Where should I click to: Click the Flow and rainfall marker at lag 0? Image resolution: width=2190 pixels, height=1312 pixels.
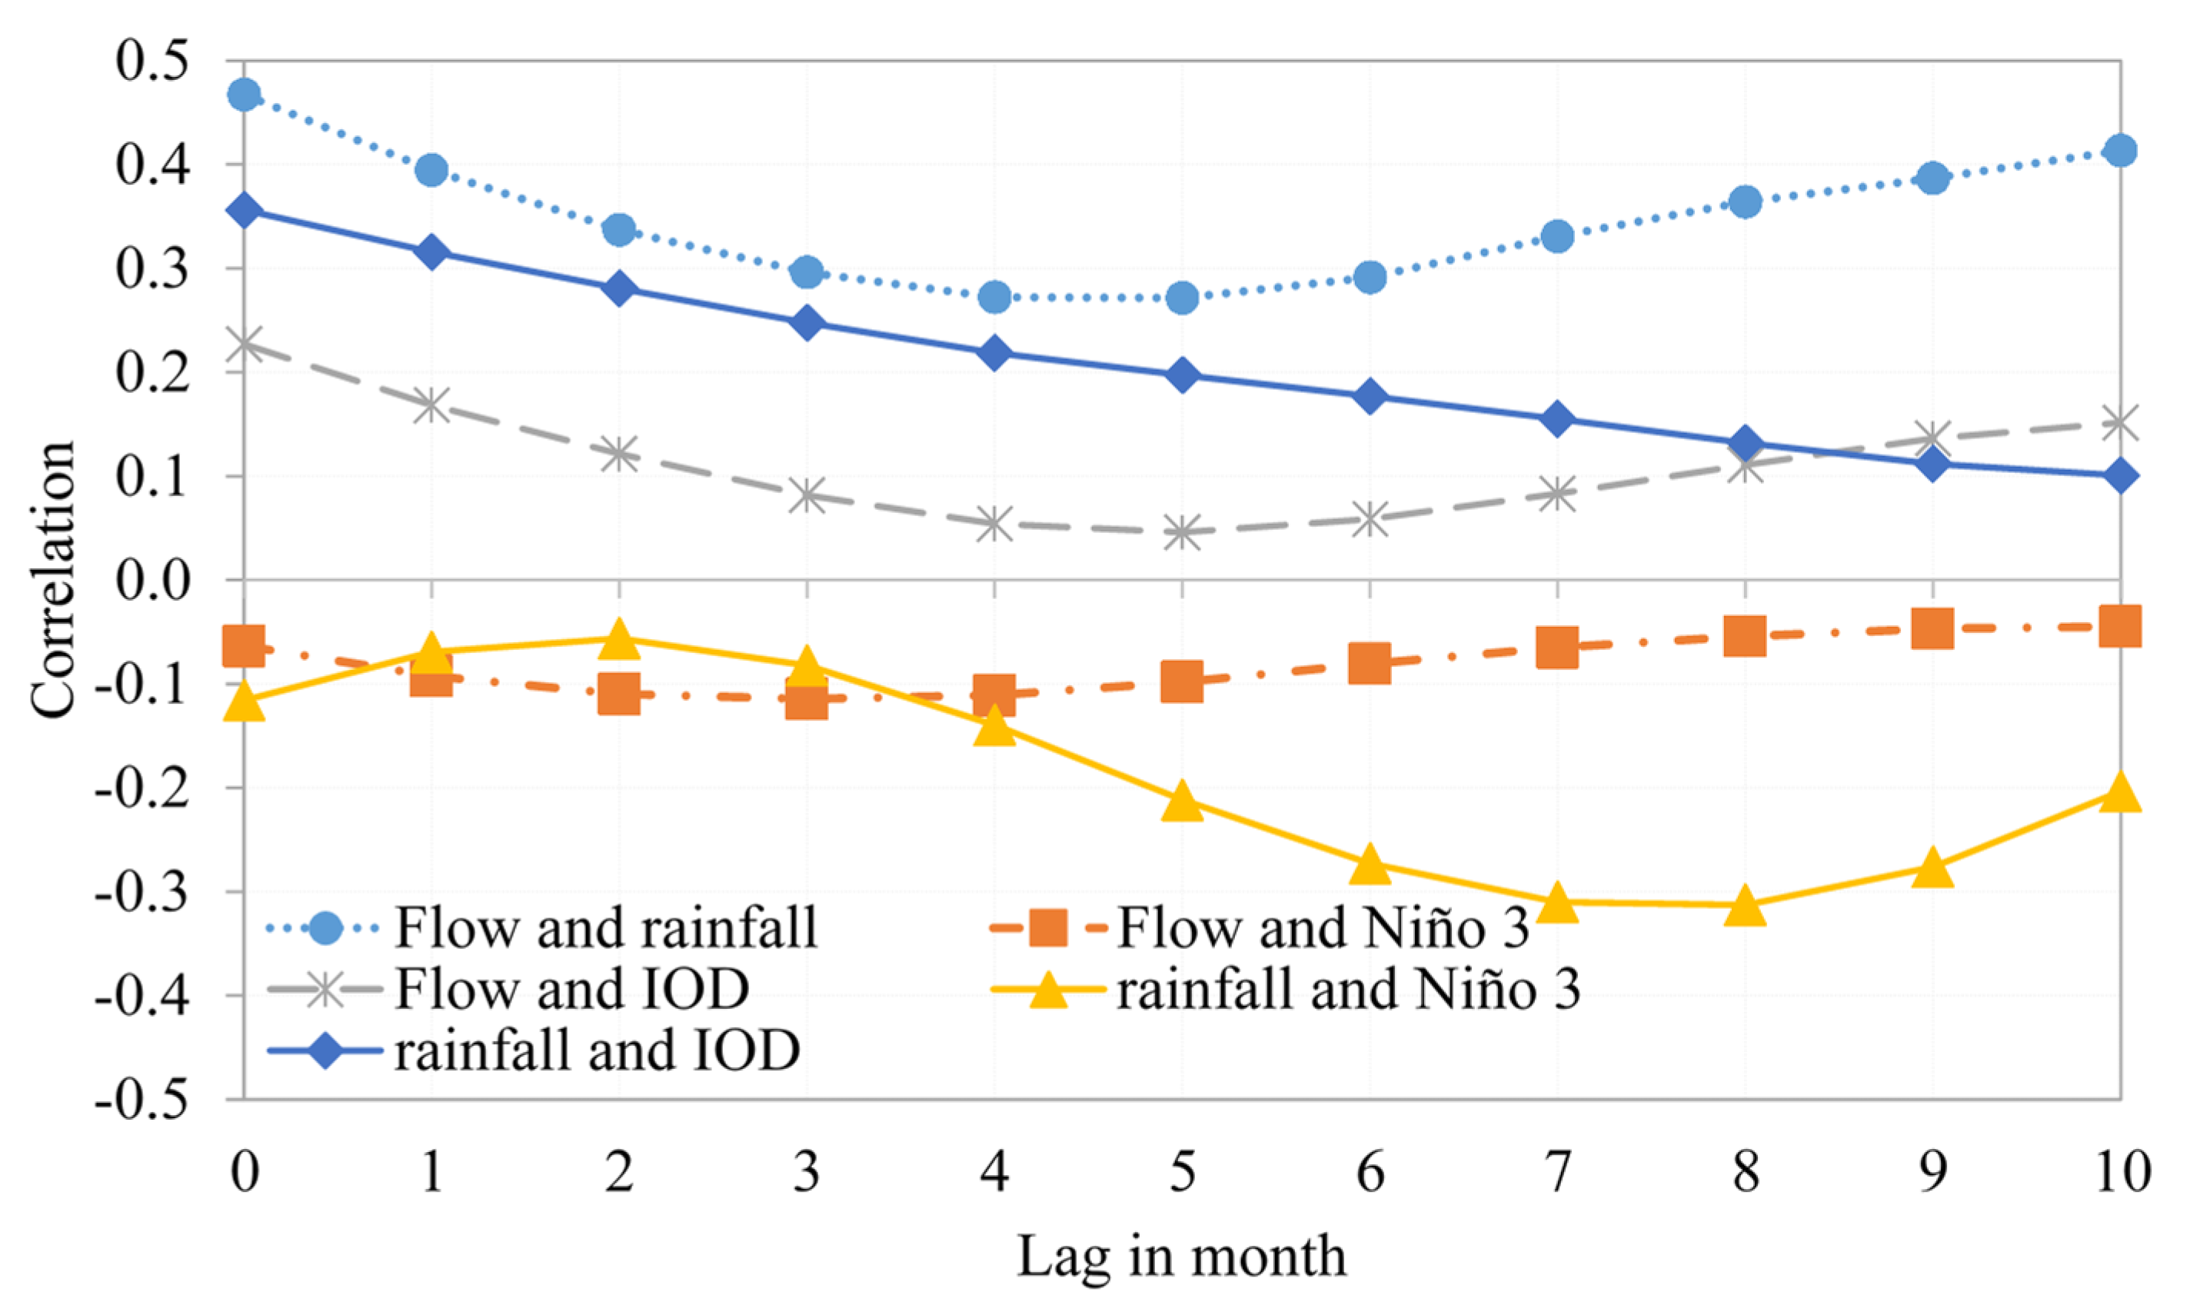tap(244, 95)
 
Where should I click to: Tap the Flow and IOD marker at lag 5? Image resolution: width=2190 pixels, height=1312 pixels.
tap(1182, 532)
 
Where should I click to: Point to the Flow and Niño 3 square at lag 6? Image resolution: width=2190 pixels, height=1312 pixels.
tap(1369, 663)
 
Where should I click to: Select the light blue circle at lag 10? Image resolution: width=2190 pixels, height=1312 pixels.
tap(2120, 150)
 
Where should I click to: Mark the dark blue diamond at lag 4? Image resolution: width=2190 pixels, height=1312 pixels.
tap(994, 354)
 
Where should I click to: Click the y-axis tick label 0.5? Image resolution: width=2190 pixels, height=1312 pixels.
tap(152, 61)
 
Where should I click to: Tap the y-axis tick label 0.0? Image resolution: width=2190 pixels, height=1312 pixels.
tap(152, 581)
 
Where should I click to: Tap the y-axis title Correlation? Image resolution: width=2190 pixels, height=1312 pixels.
tap(53, 579)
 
